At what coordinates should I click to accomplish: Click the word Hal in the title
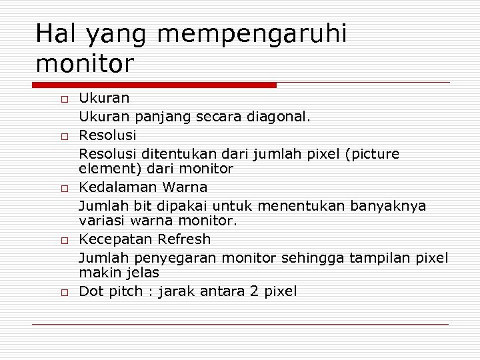click(x=55, y=34)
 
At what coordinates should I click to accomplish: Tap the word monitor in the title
click(x=85, y=64)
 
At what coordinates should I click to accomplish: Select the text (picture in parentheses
click(x=372, y=154)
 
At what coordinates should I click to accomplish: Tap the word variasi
click(x=101, y=220)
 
